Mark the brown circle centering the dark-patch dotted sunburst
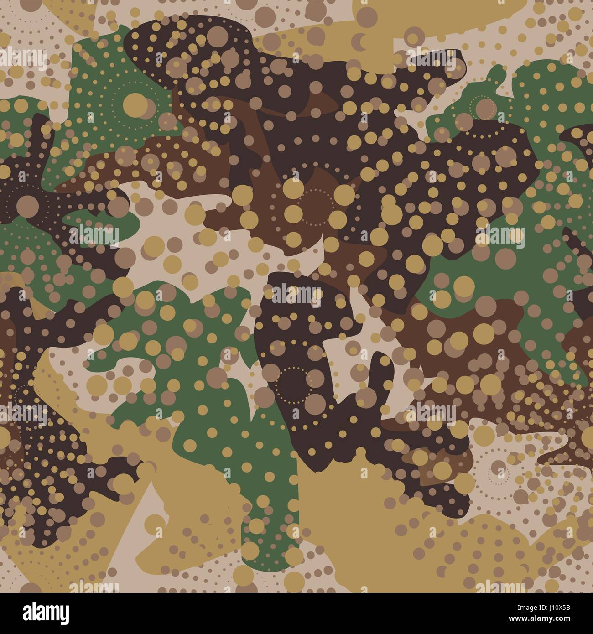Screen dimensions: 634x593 pos(28,201)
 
